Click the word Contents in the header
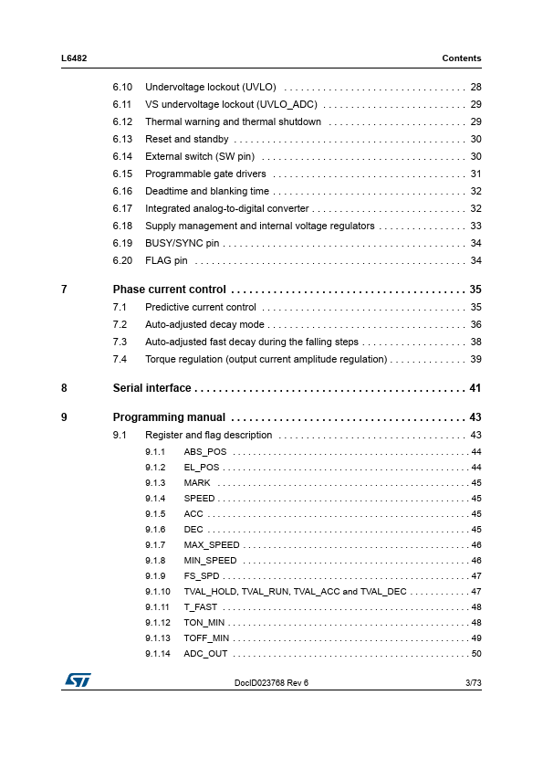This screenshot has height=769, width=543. pyautogui.click(x=461, y=58)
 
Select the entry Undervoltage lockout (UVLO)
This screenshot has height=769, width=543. pyautogui.click(x=211, y=88)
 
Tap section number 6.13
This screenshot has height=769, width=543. pyautogui.click(x=123, y=140)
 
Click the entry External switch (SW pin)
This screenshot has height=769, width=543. pyautogui.click(x=200, y=157)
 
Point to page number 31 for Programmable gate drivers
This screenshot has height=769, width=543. pyautogui.click(x=475, y=174)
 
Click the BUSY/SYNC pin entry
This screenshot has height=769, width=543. pyautogui.click(x=183, y=244)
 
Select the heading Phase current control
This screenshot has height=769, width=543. pyautogui.click(x=169, y=290)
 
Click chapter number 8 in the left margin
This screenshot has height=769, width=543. pyautogui.click(x=64, y=388)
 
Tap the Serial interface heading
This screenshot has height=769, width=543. pyautogui.click(x=151, y=388)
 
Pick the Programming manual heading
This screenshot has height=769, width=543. pyautogui.click(x=169, y=418)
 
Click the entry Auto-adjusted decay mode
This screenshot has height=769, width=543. pyautogui.click(x=204, y=325)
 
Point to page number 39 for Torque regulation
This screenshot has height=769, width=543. pyautogui.click(x=475, y=360)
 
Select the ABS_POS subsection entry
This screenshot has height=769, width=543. pyautogui.click(x=205, y=452)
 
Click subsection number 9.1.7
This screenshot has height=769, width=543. pyautogui.click(x=155, y=545)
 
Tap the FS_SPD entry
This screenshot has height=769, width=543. pyautogui.click(x=202, y=576)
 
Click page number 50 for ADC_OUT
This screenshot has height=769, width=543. pyautogui.click(x=475, y=654)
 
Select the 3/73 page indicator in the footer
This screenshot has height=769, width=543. pyautogui.click(x=473, y=683)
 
